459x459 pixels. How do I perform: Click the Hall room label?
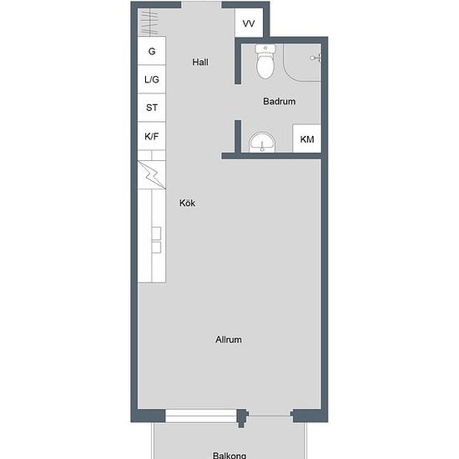tap(200, 62)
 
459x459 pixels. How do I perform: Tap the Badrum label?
tap(280, 101)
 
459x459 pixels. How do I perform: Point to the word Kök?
tap(187, 203)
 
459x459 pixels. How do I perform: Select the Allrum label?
tap(229, 340)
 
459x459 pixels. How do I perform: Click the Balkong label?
tap(229, 455)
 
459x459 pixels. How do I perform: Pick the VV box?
tap(249, 23)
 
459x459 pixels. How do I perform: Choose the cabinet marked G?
tap(152, 51)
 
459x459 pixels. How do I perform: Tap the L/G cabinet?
tap(152, 79)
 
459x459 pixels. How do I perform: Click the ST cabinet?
tap(152, 108)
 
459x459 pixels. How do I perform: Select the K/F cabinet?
tap(152, 136)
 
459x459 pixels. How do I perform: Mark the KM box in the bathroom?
tap(307, 139)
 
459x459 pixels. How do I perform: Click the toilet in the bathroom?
tap(265, 62)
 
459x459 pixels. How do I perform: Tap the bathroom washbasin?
tap(262, 142)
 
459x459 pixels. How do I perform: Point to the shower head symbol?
tap(315, 58)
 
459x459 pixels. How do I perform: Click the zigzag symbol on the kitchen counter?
tap(152, 174)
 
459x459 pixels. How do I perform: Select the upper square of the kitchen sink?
tap(156, 234)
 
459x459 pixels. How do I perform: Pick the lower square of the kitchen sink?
tap(156, 247)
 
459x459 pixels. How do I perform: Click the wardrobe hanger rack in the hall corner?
tap(149, 23)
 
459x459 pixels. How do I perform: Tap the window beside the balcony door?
tap(201, 416)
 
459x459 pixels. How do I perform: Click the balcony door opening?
tap(270, 416)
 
